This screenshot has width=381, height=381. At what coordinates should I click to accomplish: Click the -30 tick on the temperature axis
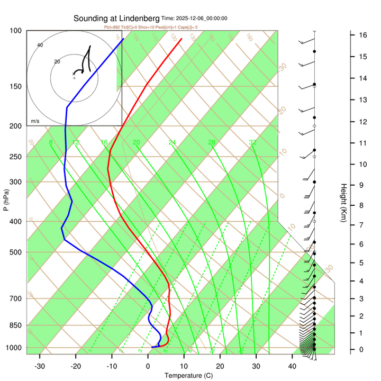point(40,366)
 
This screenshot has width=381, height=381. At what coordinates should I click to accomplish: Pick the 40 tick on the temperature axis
point(292,366)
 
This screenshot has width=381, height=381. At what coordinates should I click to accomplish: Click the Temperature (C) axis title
point(188,376)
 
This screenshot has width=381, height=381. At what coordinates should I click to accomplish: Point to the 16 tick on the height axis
point(364,35)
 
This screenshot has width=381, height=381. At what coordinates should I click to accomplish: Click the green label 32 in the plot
point(253,142)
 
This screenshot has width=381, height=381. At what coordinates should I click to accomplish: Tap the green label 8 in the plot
point(51,142)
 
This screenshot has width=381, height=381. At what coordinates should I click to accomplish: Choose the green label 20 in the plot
point(136,142)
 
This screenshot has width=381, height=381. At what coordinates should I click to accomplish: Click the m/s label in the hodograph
point(35,121)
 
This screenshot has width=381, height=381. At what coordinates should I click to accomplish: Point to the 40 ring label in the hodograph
point(40,45)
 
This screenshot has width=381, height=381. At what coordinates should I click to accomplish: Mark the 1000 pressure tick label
point(12,348)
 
